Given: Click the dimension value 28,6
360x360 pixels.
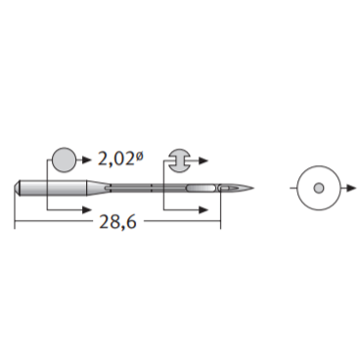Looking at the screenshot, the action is coord(117,222).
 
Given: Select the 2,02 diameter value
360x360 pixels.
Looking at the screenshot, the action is coord(116,159).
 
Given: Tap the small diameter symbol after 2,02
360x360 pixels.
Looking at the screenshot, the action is coord(139,157).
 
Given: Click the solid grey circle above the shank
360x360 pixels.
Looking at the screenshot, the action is coord(65,159).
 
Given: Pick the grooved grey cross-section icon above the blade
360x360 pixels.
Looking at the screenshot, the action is coord(179,160).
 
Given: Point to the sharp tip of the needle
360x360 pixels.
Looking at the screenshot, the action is coord(253,188).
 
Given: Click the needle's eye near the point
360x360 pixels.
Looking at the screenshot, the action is coord(225,188).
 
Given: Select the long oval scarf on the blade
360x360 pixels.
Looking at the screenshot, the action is coord(201,188).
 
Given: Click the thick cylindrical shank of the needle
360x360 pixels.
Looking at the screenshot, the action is coord(54,188).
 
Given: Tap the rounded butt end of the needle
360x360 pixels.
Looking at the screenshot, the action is coord(18,188).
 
